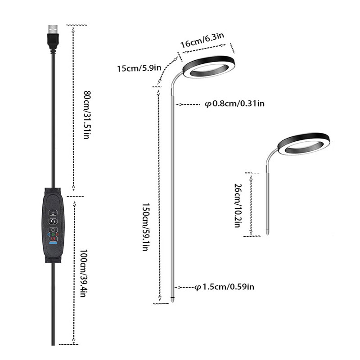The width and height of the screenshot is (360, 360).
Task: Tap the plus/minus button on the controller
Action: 53,212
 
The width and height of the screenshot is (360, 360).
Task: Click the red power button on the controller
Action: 53,239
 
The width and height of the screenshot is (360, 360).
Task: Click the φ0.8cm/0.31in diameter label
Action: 234,104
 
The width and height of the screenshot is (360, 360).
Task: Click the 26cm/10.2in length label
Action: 237,205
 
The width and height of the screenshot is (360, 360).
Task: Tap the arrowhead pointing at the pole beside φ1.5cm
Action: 179,287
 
